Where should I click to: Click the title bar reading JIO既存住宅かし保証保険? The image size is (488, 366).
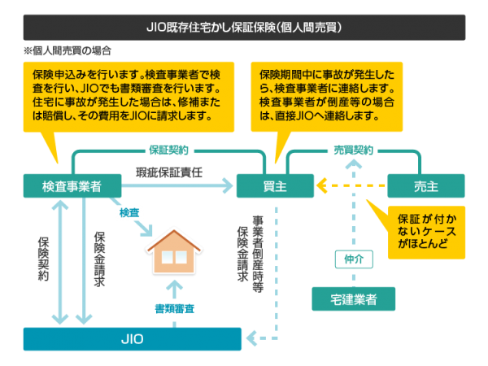(244, 27)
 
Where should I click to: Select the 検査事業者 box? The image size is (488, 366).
(72, 186)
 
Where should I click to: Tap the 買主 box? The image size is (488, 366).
(274, 186)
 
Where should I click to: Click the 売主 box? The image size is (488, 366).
(425, 186)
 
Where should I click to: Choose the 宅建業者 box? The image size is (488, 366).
(355, 299)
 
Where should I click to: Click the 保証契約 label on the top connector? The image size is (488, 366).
(168, 150)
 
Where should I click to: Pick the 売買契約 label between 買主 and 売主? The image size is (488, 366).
(354, 150)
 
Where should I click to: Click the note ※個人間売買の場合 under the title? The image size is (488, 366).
(68, 50)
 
